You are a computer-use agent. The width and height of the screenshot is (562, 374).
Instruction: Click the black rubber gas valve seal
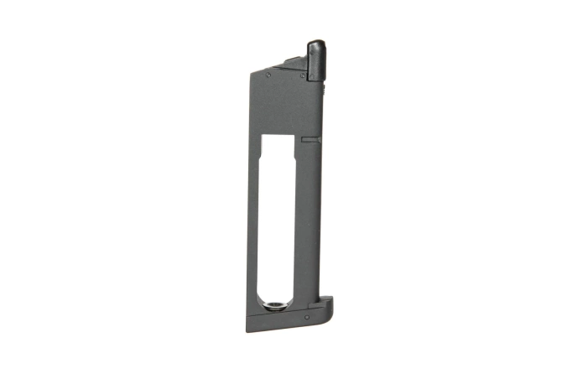pyautogui.click(x=315, y=61)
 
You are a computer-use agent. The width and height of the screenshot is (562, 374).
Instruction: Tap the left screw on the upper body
pyautogui.click(x=268, y=75)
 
